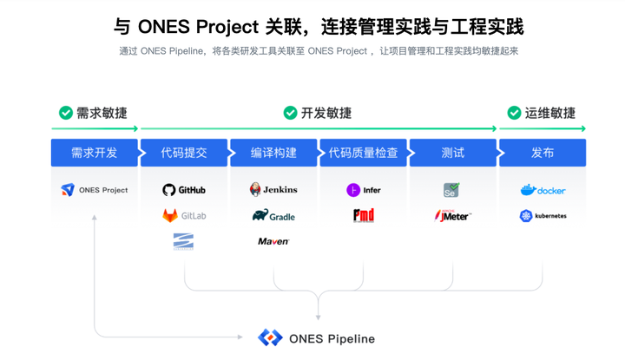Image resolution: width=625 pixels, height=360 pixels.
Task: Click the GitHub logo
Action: [x=184, y=190]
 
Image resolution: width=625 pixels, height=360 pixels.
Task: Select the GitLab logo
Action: [x=184, y=215]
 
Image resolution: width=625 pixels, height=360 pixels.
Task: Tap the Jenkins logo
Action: [x=273, y=189]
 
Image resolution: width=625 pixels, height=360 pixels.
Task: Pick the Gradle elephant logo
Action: [x=273, y=215]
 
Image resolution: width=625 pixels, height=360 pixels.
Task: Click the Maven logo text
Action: [x=273, y=241]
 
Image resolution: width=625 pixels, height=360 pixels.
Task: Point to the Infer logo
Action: [x=364, y=190]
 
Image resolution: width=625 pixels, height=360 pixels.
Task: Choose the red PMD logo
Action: [x=364, y=215]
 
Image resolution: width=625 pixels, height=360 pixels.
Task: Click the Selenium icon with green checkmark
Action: [x=451, y=190]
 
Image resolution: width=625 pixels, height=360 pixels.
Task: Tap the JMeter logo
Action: [x=452, y=215]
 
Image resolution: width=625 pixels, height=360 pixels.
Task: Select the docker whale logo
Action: [x=543, y=190]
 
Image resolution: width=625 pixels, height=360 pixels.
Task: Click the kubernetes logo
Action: [x=543, y=216]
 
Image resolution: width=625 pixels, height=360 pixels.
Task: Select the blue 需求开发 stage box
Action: [x=94, y=153]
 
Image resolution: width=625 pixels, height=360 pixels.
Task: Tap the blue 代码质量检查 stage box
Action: [x=364, y=153]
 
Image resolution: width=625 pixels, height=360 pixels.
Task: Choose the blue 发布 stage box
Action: [x=543, y=153]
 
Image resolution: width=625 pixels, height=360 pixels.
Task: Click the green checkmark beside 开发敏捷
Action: [x=290, y=113]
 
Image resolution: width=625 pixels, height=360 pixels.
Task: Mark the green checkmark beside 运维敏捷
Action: [x=514, y=113]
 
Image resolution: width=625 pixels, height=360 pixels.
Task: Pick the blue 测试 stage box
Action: [x=452, y=153]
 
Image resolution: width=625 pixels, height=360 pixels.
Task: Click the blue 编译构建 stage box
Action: [x=273, y=153]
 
